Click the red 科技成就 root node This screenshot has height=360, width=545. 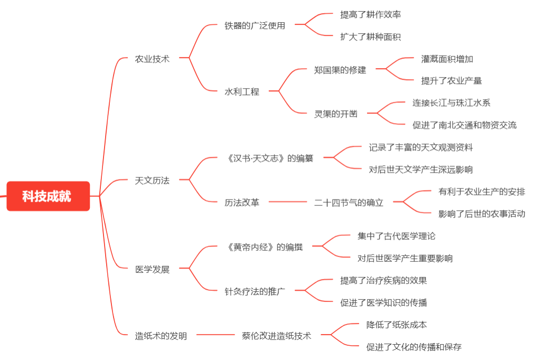pos(48,196)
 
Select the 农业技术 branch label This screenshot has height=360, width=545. pos(152,59)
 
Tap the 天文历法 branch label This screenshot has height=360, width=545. pos(152,181)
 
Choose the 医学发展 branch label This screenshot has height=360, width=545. pos(152,269)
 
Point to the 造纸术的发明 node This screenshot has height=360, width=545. pos(161,336)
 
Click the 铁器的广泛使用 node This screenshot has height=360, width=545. pos(255,25)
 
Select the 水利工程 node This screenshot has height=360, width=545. pos(242,92)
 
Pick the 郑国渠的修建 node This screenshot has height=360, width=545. pos(340,70)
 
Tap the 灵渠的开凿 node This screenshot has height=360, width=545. pos(336,114)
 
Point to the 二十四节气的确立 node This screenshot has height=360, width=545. pos(349,203)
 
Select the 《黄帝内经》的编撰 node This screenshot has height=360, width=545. pos(264,247)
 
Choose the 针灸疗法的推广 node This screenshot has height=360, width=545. pos(255,291)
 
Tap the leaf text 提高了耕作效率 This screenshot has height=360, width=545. pos(370,15)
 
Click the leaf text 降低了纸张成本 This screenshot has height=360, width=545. pos(396,325)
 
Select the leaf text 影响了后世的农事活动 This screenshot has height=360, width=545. pos(482,214)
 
